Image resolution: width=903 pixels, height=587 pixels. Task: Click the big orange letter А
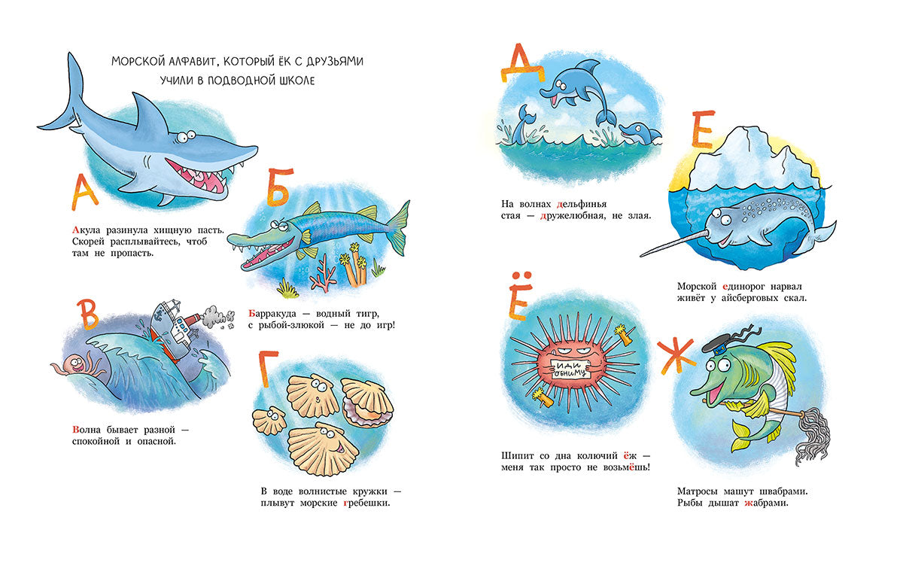coord(84,193)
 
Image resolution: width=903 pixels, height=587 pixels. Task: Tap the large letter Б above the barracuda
coord(279,187)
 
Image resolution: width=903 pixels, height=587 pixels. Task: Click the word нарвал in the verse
coord(786,287)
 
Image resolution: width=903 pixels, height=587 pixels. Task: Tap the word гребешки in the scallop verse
coord(366,503)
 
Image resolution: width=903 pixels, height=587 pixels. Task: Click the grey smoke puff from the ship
coord(217,316)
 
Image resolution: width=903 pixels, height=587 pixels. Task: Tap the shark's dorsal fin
coord(150,115)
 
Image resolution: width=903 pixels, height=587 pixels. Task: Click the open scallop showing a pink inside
coord(367,403)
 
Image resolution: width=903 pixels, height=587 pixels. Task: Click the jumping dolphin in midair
coord(579,93)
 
